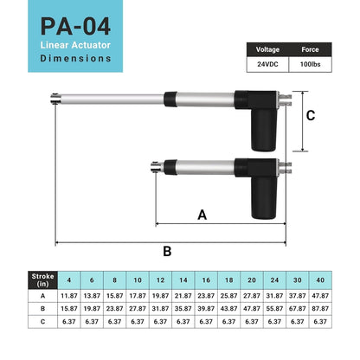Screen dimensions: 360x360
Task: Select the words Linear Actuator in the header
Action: (x=73, y=44)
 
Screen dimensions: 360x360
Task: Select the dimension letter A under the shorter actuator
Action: (x=202, y=214)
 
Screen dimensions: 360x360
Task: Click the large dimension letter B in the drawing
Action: (x=167, y=251)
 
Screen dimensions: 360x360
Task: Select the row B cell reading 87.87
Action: (x=320, y=308)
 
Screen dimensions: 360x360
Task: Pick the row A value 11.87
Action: (x=68, y=295)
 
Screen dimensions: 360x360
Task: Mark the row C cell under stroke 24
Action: (x=274, y=321)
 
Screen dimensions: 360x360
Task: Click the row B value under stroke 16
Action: (x=206, y=308)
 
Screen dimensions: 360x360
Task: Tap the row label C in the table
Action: (x=42, y=321)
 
